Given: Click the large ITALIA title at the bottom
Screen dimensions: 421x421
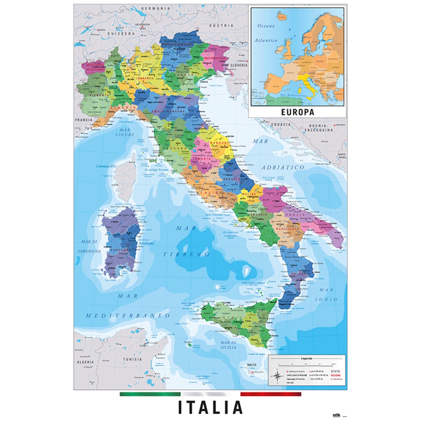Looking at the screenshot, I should coord(210,407).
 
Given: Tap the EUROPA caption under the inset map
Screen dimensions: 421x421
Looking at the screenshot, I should coord(298,112).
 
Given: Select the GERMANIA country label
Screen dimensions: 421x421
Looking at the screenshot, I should coord(155,8).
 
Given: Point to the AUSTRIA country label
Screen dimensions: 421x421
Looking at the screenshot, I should coord(221,25).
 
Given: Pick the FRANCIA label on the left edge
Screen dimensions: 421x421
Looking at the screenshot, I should coord(84,120).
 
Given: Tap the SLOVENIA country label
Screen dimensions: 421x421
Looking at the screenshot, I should coord(239,65).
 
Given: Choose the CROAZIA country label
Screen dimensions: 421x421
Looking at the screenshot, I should coord(281,124).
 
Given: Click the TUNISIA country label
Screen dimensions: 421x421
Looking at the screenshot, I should coord(132,359).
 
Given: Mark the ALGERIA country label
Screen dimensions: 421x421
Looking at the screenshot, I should coord(85,362).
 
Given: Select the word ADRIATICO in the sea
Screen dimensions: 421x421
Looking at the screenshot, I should coord(283,168).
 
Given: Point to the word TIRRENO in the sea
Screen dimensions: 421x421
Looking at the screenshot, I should coord(186,255).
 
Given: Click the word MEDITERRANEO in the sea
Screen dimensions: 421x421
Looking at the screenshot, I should coord(128,316).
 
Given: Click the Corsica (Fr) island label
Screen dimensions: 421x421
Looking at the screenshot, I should coord(106,166).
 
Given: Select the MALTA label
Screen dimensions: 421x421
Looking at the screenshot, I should coord(251,365).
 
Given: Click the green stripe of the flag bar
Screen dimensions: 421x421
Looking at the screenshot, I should coord(150,394).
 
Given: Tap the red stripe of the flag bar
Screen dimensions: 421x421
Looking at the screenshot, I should coord(271,394).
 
